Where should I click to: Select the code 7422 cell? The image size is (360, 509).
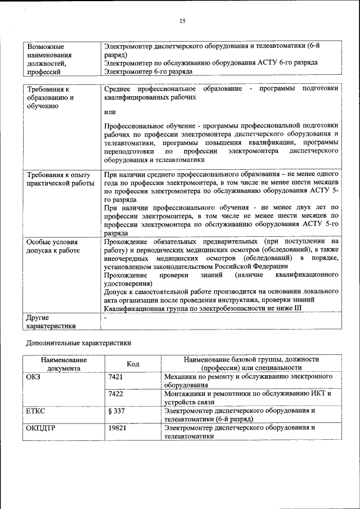(x=115, y=394)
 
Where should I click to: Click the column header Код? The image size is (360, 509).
(x=133, y=364)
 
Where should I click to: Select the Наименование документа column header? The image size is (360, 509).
(x=63, y=364)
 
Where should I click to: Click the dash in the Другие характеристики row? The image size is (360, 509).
(x=106, y=318)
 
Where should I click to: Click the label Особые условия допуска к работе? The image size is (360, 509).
(x=53, y=246)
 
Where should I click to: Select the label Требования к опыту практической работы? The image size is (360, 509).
(x=60, y=179)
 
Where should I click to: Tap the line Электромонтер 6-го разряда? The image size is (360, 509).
(x=148, y=71)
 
